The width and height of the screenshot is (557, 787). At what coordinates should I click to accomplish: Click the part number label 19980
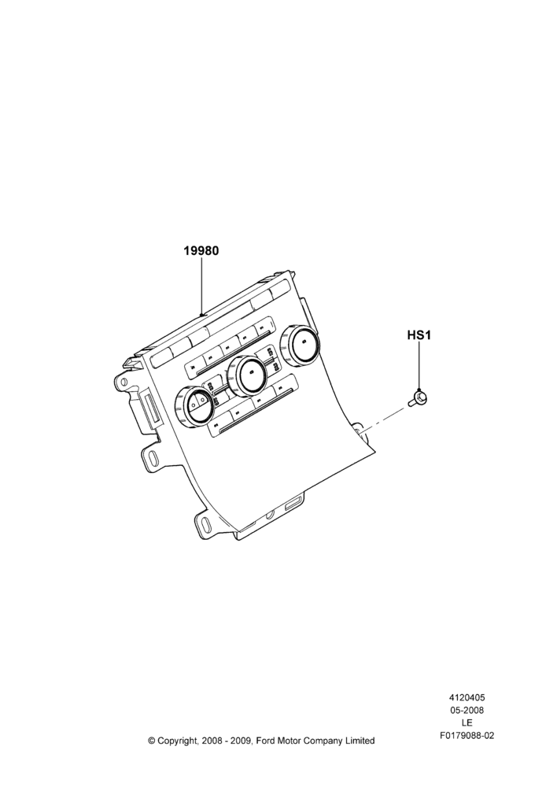(x=201, y=250)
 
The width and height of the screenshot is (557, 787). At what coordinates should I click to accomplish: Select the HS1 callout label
(x=419, y=334)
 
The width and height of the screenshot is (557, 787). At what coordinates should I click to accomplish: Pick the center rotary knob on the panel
(x=247, y=374)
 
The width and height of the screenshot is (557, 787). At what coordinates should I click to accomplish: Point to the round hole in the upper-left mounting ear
(x=123, y=382)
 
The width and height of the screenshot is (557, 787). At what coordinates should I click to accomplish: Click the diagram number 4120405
(x=467, y=697)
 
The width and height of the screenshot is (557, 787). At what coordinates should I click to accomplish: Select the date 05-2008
(x=467, y=710)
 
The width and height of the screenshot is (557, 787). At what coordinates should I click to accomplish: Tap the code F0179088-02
(x=467, y=736)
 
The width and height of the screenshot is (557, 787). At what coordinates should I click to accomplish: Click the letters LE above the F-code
(x=467, y=722)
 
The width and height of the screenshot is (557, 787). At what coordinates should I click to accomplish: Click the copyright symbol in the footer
(x=151, y=741)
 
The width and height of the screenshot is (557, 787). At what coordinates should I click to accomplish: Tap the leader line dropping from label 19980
(x=201, y=286)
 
